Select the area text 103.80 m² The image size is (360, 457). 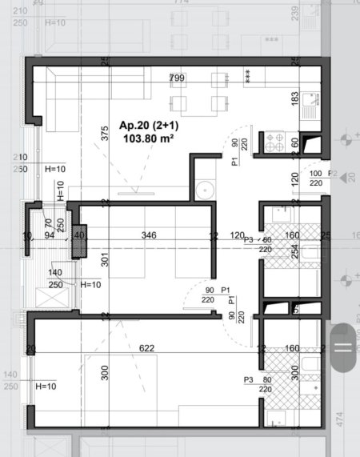coord(149,138)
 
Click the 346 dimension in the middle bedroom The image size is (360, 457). coord(147,235)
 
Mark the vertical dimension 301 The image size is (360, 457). coord(105,259)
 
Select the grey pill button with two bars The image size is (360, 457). coord(343,347)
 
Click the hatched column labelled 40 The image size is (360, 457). coord(79,239)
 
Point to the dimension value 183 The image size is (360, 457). coord(294,98)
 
